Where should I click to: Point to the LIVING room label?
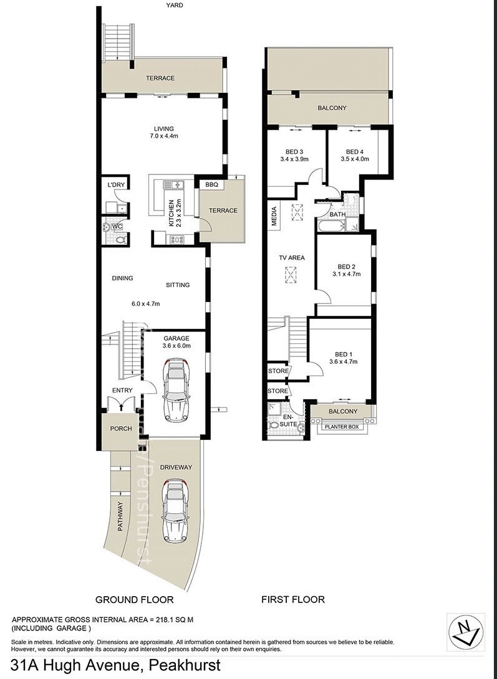[165, 129]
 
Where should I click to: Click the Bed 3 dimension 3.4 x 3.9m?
[294, 159]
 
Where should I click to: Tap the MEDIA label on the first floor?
[274, 216]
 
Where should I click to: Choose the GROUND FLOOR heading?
[134, 599]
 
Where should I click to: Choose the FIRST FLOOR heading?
[292, 599]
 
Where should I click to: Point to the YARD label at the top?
[174, 5]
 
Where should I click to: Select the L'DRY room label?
[116, 185]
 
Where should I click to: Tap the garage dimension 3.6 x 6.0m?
[176, 346]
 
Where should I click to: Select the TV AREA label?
[291, 257]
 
